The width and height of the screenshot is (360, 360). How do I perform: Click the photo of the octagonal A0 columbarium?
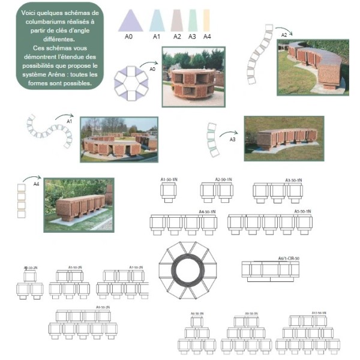193,76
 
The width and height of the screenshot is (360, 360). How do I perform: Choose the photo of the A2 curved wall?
313,67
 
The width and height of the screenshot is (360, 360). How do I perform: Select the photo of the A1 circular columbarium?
119,139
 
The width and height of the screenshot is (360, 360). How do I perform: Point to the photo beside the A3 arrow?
284,138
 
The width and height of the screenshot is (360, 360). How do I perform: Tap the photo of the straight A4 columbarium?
79,205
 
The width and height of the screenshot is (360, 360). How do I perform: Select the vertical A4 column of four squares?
22,200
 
